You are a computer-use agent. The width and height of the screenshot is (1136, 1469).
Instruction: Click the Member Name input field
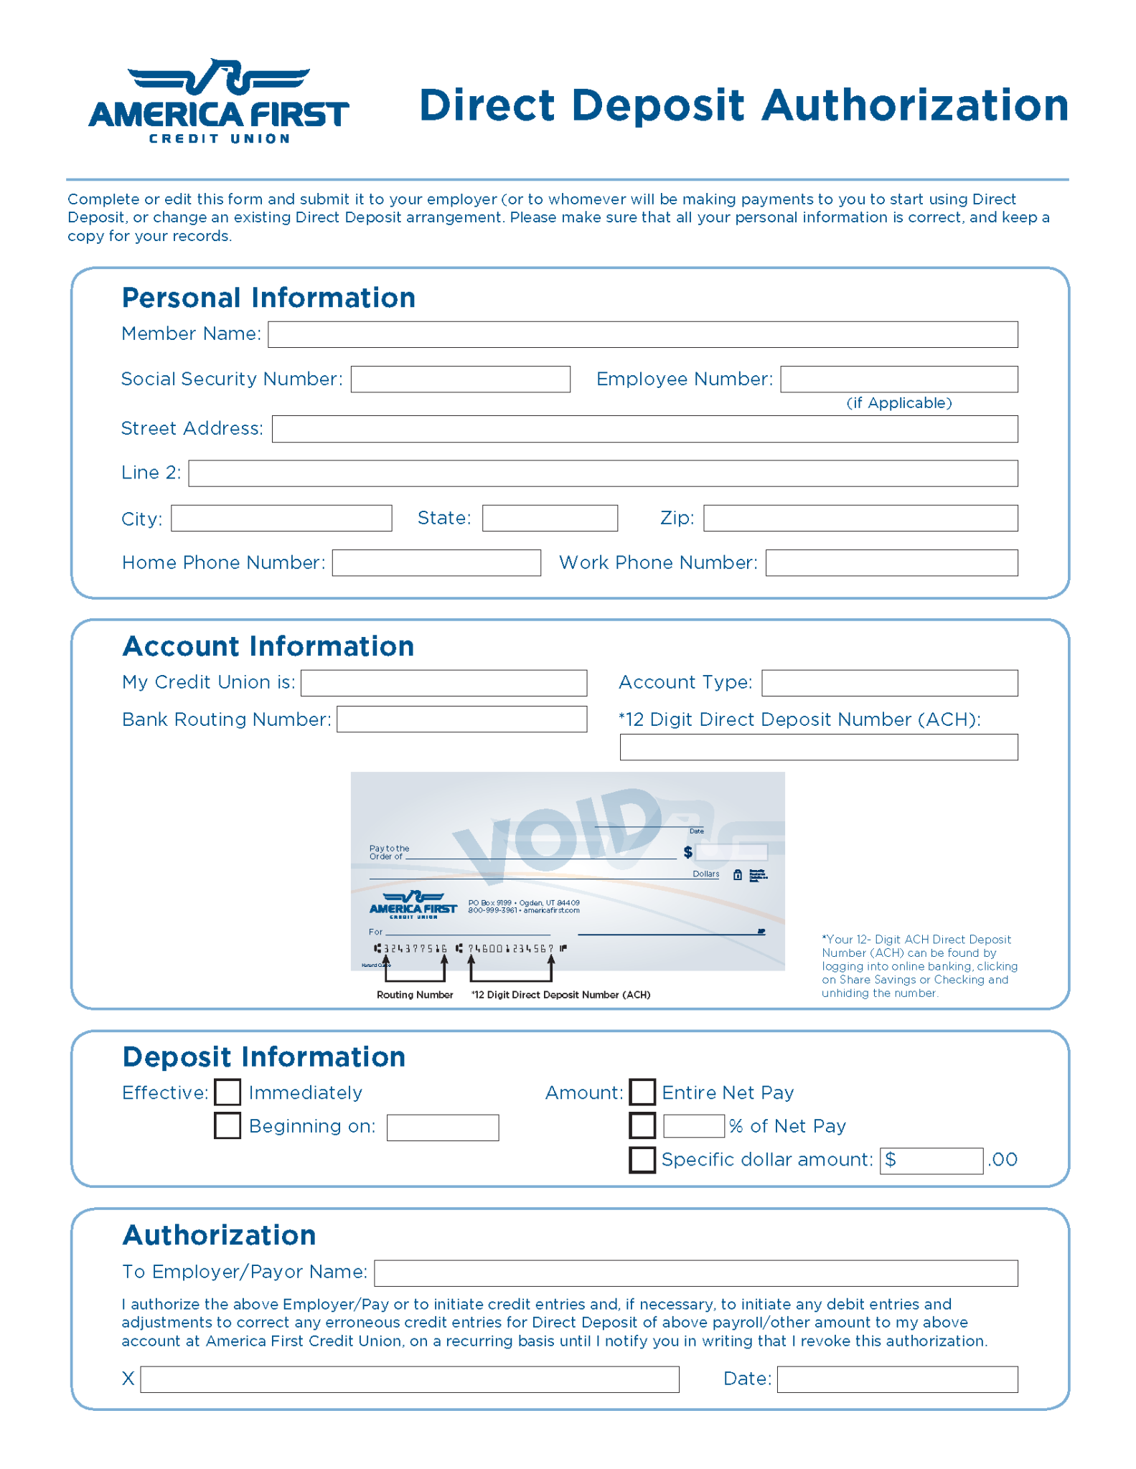point(642,334)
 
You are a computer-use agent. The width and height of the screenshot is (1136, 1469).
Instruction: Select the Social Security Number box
point(460,379)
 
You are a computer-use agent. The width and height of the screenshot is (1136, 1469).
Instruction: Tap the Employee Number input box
point(898,379)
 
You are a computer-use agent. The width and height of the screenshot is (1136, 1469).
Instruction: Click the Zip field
point(860,518)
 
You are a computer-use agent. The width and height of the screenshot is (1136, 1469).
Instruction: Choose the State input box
point(549,518)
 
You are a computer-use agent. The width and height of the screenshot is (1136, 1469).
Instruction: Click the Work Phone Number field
point(891,563)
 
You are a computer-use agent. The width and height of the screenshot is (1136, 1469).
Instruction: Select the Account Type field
point(889,683)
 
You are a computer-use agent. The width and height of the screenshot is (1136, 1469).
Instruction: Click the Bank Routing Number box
point(461,719)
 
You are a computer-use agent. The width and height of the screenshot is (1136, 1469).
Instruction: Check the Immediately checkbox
point(227,1092)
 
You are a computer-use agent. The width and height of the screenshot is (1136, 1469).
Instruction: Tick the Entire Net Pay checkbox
point(642,1092)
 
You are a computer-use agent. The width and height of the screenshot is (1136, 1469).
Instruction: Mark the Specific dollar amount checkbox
point(642,1160)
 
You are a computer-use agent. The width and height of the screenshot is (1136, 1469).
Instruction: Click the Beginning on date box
point(442,1128)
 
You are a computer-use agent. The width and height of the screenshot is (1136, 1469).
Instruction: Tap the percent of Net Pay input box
point(693,1126)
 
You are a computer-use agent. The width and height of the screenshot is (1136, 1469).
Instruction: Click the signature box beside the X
point(409,1379)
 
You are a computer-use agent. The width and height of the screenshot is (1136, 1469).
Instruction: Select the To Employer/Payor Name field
point(695,1273)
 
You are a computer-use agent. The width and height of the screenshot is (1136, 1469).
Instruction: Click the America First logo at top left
point(219,102)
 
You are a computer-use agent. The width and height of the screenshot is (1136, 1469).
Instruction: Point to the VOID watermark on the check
point(556,832)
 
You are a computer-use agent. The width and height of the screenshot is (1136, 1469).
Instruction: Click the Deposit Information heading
point(263,1057)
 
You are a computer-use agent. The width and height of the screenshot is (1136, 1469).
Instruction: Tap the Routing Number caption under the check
point(415,995)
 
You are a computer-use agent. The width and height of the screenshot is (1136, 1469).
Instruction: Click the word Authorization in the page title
point(915,105)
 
